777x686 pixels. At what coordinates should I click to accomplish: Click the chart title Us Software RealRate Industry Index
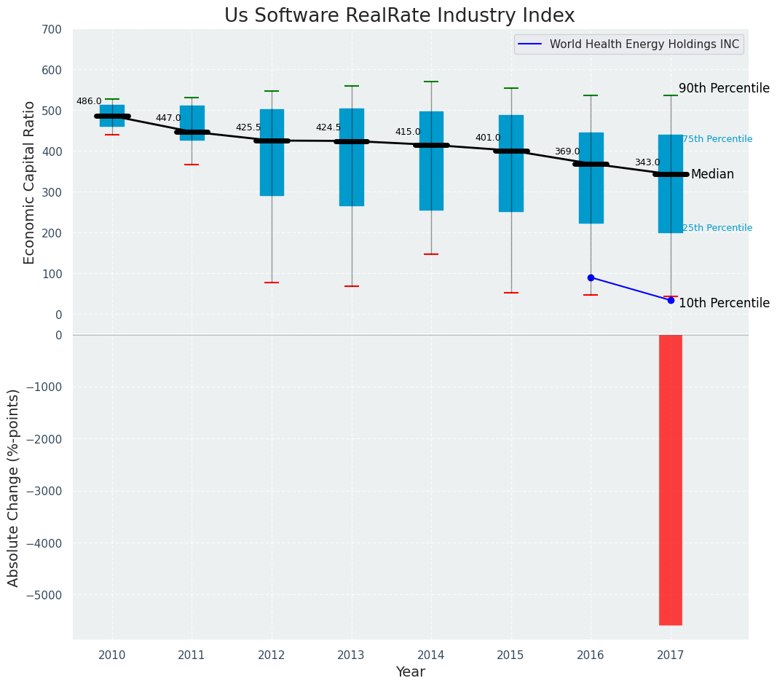(399, 16)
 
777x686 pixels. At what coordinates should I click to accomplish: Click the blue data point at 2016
(591, 277)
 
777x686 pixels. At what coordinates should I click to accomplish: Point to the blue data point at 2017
(671, 300)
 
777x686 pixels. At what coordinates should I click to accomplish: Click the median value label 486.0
(89, 101)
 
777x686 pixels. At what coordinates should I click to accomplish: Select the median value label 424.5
(328, 127)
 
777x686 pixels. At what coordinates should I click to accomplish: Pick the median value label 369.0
(567, 151)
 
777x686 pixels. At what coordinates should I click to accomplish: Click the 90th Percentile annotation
(724, 88)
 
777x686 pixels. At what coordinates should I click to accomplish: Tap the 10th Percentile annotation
(724, 303)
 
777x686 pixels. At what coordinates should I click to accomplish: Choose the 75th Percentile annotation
(717, 139)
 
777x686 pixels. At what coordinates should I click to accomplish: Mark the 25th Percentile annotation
(717, 228)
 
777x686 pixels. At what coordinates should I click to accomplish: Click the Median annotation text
(712, 175)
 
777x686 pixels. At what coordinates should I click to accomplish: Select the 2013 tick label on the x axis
(351, 655)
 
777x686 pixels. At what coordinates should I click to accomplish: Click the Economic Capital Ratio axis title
(30, 182)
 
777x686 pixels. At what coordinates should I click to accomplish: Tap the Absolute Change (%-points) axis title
(14, 487)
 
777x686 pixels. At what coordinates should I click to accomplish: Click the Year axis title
(410, 672)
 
